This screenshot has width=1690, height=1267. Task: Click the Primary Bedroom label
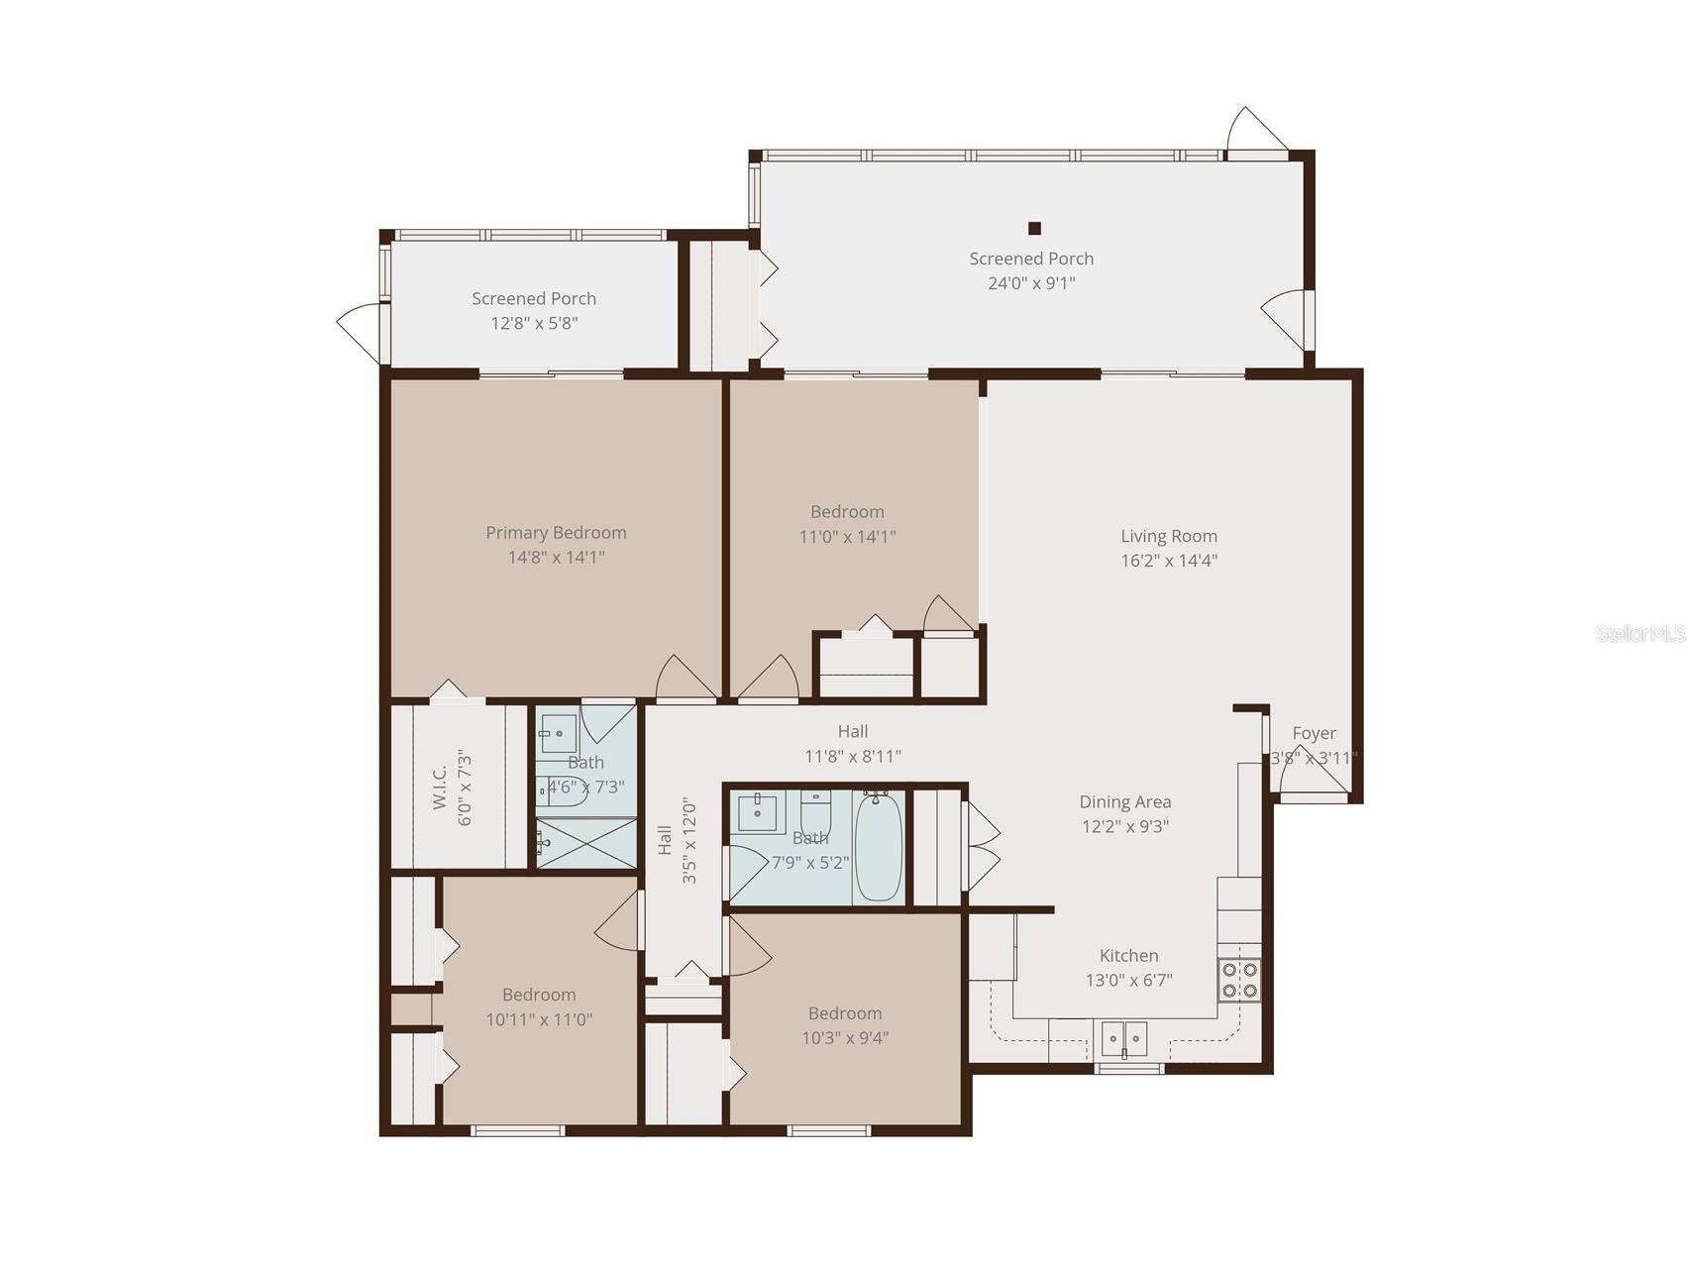tap(556, 533)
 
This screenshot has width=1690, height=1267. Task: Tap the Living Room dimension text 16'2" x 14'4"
tap(1169, 561)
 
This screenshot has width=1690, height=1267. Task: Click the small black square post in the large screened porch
tap(1034, 229)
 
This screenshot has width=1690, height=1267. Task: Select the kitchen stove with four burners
tap(1239, 980)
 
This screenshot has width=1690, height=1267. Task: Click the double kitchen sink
tap(1124, 1039)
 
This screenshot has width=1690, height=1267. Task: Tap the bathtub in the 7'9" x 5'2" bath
tap(878, 847)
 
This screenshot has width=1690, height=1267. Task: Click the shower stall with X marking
tap(586, 844)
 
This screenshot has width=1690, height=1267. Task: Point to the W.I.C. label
tap(440, 787)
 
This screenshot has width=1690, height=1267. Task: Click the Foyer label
tap(1314, 733)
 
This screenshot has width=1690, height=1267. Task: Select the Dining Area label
tap(1124, 802)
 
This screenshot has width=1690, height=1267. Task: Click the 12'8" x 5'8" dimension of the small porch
tap(534, 323)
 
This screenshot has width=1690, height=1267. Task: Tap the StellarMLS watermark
tap(1639, 634)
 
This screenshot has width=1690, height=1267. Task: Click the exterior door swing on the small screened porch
tap(359, 331)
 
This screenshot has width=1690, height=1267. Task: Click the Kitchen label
tap(1128, 956)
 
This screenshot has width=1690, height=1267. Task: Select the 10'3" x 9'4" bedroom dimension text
tap(845, 1038)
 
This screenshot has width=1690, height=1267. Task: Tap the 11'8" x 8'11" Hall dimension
tap(852, 757)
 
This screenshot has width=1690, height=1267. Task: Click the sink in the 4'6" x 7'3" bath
tap(559, 734)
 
